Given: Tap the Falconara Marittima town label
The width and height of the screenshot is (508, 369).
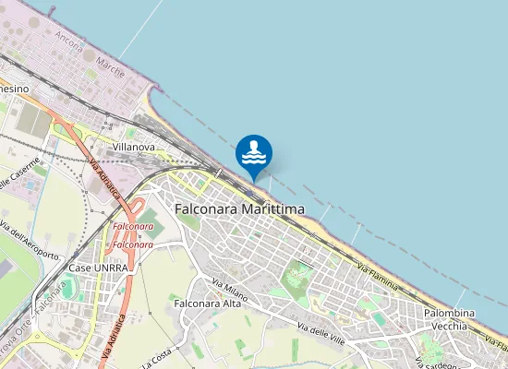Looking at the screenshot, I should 239,209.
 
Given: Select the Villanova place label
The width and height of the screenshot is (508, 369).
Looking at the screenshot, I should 132,147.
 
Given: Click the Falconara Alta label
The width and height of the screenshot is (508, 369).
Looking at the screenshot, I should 207,303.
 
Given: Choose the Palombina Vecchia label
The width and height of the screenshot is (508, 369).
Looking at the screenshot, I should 449,320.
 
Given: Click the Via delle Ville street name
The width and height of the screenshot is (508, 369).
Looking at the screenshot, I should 321,330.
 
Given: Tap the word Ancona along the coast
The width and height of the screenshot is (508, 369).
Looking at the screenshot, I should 69,42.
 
